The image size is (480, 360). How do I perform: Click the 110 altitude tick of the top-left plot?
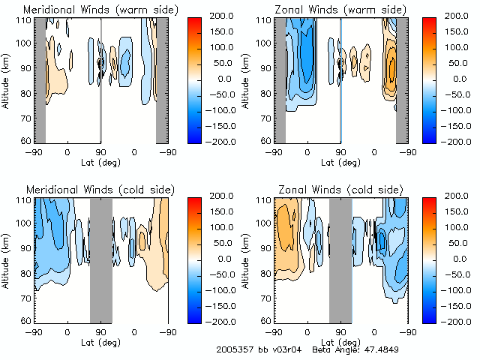(x=25, y=19)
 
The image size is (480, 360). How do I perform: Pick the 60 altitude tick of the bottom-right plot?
(x=264, y=320)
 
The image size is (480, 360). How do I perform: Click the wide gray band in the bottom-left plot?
(x=100, y=259)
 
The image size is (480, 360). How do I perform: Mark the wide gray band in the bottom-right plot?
(x=340, y=259)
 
